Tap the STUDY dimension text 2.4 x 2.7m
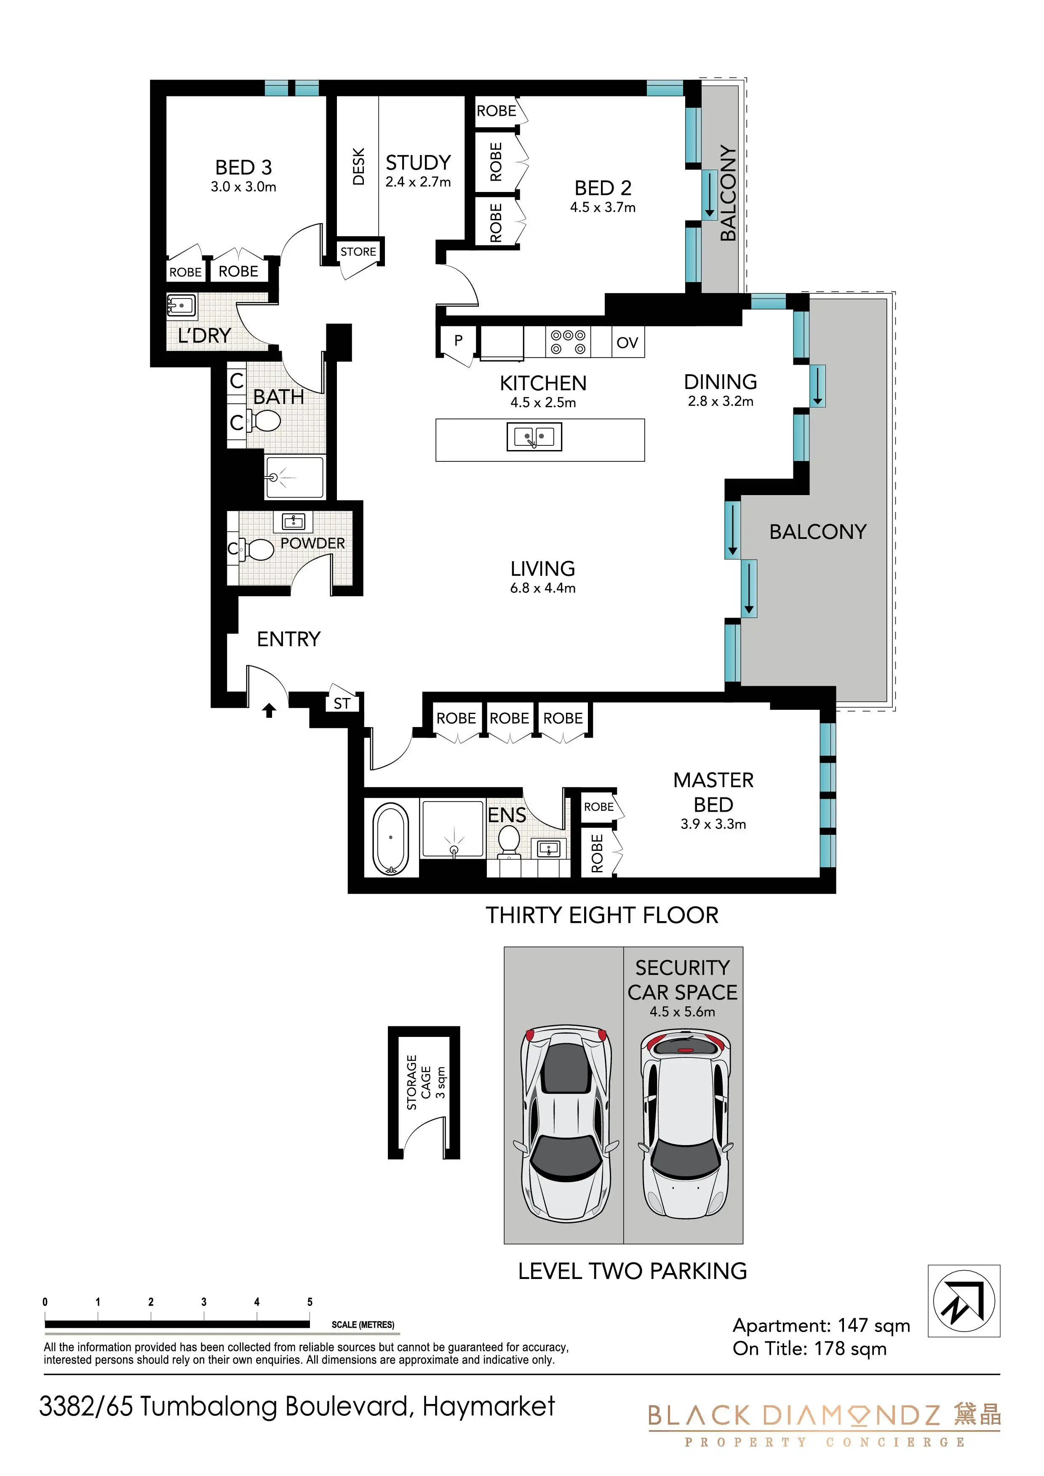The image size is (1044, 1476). click(x=418, y=182)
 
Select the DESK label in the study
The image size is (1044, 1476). click(x=359, y=166)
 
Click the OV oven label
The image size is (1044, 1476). click(x=627, y=343)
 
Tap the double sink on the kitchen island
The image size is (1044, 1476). click(x=534, y=437)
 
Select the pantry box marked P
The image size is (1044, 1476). click(x=459, y=341)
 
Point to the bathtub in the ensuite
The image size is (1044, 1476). click(x=390, y=838)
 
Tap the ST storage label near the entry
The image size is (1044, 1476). click(x=342, y=703)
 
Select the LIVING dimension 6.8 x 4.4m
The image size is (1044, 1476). click(x=543, y=588)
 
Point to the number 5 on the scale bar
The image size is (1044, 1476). click(x=310, y=1302)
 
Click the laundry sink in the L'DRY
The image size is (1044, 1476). click(x=182, y=306)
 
